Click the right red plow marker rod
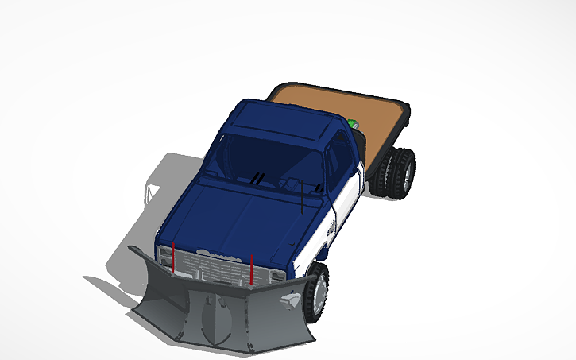click(x=251, y=268)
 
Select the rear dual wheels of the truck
click(x=397, y=173)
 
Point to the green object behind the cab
click(x=351, y=123)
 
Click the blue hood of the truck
click(x=238, y=219)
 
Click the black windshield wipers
click(x=257, y=179)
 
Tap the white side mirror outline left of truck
click(x=147, y=191)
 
